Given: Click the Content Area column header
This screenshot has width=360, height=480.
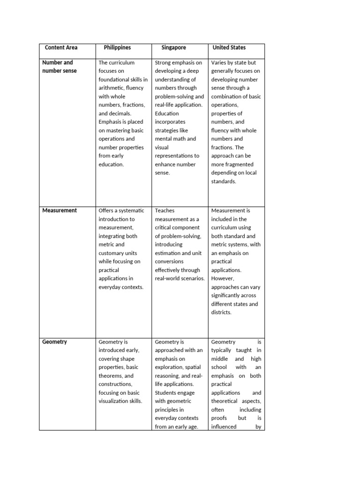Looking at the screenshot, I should click(x=61, y=47).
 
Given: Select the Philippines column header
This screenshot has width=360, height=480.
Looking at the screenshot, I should click(x=117, y=47).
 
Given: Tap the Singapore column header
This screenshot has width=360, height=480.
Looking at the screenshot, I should click(x=173, y=47).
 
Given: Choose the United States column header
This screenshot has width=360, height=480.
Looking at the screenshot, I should click(x=229, y=47).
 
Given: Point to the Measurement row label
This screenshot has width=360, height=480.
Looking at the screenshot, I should click(x=59, y=210).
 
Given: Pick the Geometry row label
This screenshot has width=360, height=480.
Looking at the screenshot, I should click(x=55, y=342).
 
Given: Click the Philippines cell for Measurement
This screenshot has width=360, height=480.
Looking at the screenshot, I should click(x=123, y=248).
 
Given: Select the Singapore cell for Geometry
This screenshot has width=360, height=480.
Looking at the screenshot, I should click(x=180, y=384).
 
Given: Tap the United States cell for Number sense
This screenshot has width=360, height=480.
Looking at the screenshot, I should click(x=236, y=122).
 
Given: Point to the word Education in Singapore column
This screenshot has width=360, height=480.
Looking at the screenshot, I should click(x=167, y=113).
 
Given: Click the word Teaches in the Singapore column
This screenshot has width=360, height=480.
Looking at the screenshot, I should click(x=165, y=210).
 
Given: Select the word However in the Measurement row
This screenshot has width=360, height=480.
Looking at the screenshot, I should click(x=223, y=278).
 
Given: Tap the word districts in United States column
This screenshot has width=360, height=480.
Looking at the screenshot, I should click(x=221, y=312).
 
